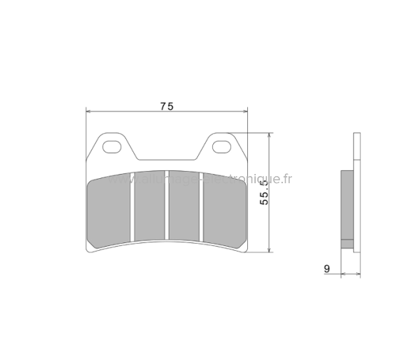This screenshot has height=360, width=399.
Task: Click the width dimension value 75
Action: [x=166, y=106]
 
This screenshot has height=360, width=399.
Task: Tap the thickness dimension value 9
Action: [x=326, y=268]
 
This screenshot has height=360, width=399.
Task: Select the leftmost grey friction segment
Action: [x=109, y=212]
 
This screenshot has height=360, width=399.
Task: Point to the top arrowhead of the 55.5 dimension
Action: [x=269, y=136]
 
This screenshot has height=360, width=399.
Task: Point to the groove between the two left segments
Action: [x=133, y=207]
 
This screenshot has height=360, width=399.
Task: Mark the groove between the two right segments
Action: [x=202, y=207]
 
